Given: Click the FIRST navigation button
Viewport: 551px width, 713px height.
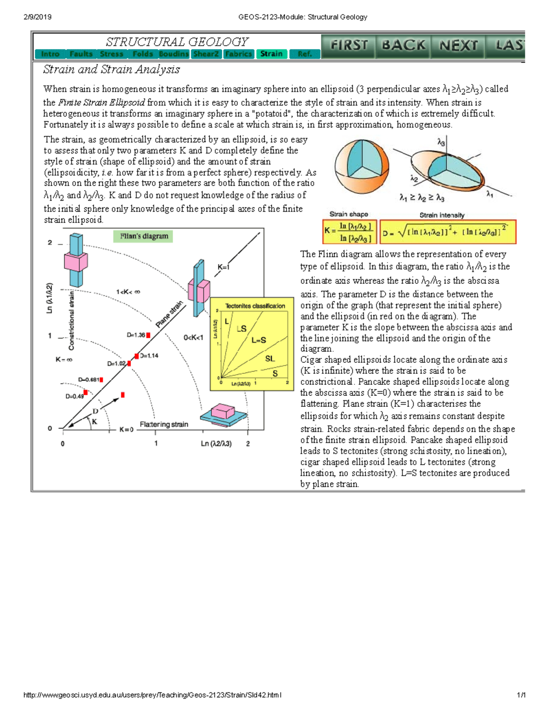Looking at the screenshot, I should pos(349,46).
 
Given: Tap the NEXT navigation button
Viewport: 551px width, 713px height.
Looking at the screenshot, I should pos(458,46).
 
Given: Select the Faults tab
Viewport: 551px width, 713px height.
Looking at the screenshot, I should pos(81,54).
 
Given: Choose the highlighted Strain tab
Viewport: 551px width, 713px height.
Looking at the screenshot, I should pos(271,54).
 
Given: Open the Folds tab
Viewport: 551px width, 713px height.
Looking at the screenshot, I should pos(142,54).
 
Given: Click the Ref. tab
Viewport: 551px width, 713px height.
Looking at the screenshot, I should pos(304,54).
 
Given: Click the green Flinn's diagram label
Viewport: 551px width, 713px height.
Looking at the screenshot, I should pos(144,236).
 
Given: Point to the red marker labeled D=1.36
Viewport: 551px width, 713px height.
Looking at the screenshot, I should pos(148,336).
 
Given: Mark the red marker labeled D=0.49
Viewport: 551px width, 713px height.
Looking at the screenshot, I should pos(85,393).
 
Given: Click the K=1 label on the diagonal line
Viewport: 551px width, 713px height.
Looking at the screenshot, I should pos(224,267).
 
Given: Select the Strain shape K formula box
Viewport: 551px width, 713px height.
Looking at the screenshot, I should pos(350,232).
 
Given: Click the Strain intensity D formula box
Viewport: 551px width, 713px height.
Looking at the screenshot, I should pos(448,232).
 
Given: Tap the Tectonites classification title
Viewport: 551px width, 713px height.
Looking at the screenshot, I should pos(255,306).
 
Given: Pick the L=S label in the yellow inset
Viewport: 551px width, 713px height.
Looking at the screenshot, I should pos(259,340).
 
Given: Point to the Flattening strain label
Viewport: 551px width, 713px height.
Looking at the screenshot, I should pos(164,425).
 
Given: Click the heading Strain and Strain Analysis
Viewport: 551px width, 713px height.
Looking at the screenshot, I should pos(112,69).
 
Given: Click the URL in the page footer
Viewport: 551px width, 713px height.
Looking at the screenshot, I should pos(152,695).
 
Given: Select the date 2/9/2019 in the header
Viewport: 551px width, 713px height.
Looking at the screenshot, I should pos(37,17).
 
